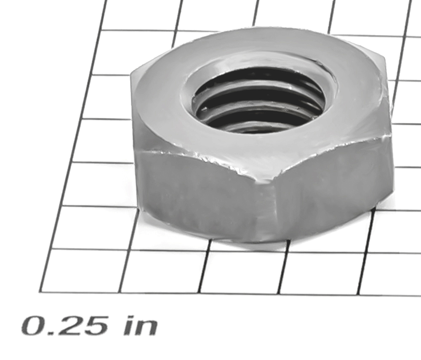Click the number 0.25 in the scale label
[x=64, y=326]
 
